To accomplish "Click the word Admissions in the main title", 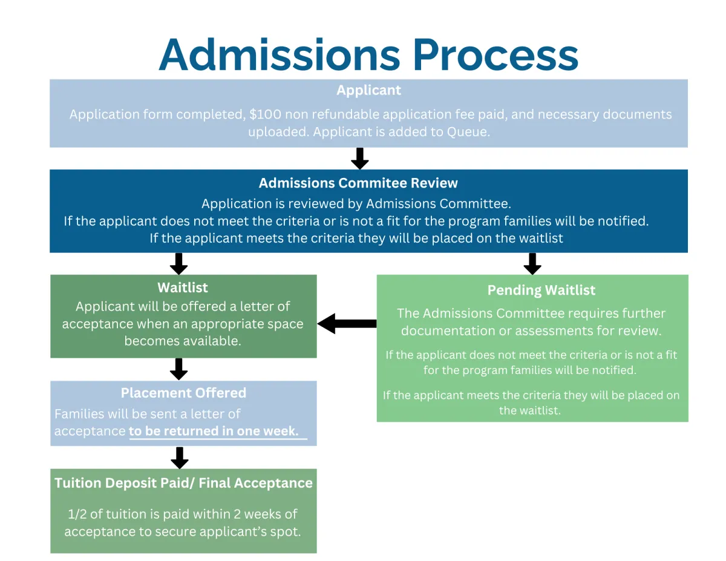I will [280, 55].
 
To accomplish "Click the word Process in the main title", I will [496, 55].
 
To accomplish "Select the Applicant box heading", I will [368, 91].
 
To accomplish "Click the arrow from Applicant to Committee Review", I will [360, 159].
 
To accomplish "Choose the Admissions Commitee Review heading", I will [358, 183].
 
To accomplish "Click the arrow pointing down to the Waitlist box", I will [178, 264].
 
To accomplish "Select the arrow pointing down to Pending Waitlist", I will [532, 264].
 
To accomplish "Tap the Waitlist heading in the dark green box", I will [183, 287].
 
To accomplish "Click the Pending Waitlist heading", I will [541, 290].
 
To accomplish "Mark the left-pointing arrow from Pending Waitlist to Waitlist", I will [347, 324].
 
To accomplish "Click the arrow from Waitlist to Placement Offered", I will [178, 369].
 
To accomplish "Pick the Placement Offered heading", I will [183, 393].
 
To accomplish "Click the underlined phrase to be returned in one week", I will [214, 431].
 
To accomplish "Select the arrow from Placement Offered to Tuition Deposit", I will [179, 458].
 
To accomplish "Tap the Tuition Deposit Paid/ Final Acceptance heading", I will [183, 483].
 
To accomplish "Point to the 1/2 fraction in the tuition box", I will [77, 514].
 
